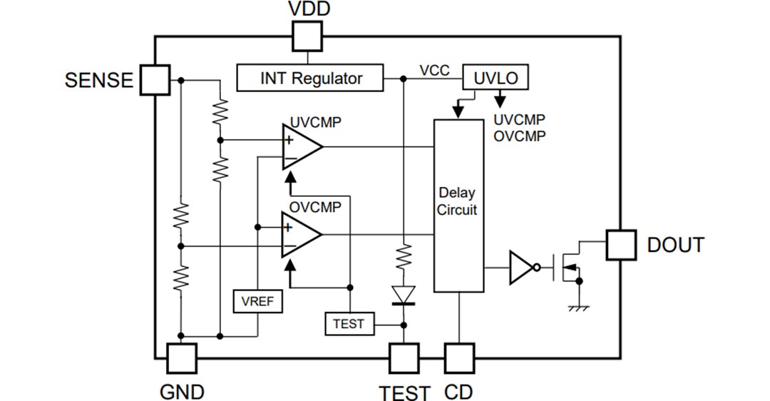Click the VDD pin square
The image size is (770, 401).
(x=307, y=36)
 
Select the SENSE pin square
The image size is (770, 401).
(x=155, y=79)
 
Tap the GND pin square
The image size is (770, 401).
(x=182, y=358)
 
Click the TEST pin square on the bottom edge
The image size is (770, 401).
(x=404, y=358)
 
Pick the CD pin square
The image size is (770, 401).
(x=458, y=358)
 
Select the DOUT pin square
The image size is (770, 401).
(x=620, y=245)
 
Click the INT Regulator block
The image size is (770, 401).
(x=310, y=78)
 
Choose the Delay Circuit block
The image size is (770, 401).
(x=458, y=205)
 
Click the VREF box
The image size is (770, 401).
(x=257, y=301)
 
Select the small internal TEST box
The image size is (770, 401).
(x=348, y=324)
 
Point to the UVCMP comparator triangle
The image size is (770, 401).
(x=300, y=146)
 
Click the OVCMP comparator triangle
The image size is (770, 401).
(x=300, y=235)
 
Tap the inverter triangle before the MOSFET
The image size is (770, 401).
(x=522, y=268)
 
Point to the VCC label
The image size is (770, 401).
(x=434, y=70)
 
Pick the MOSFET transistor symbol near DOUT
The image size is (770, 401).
(x=568, y=268)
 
